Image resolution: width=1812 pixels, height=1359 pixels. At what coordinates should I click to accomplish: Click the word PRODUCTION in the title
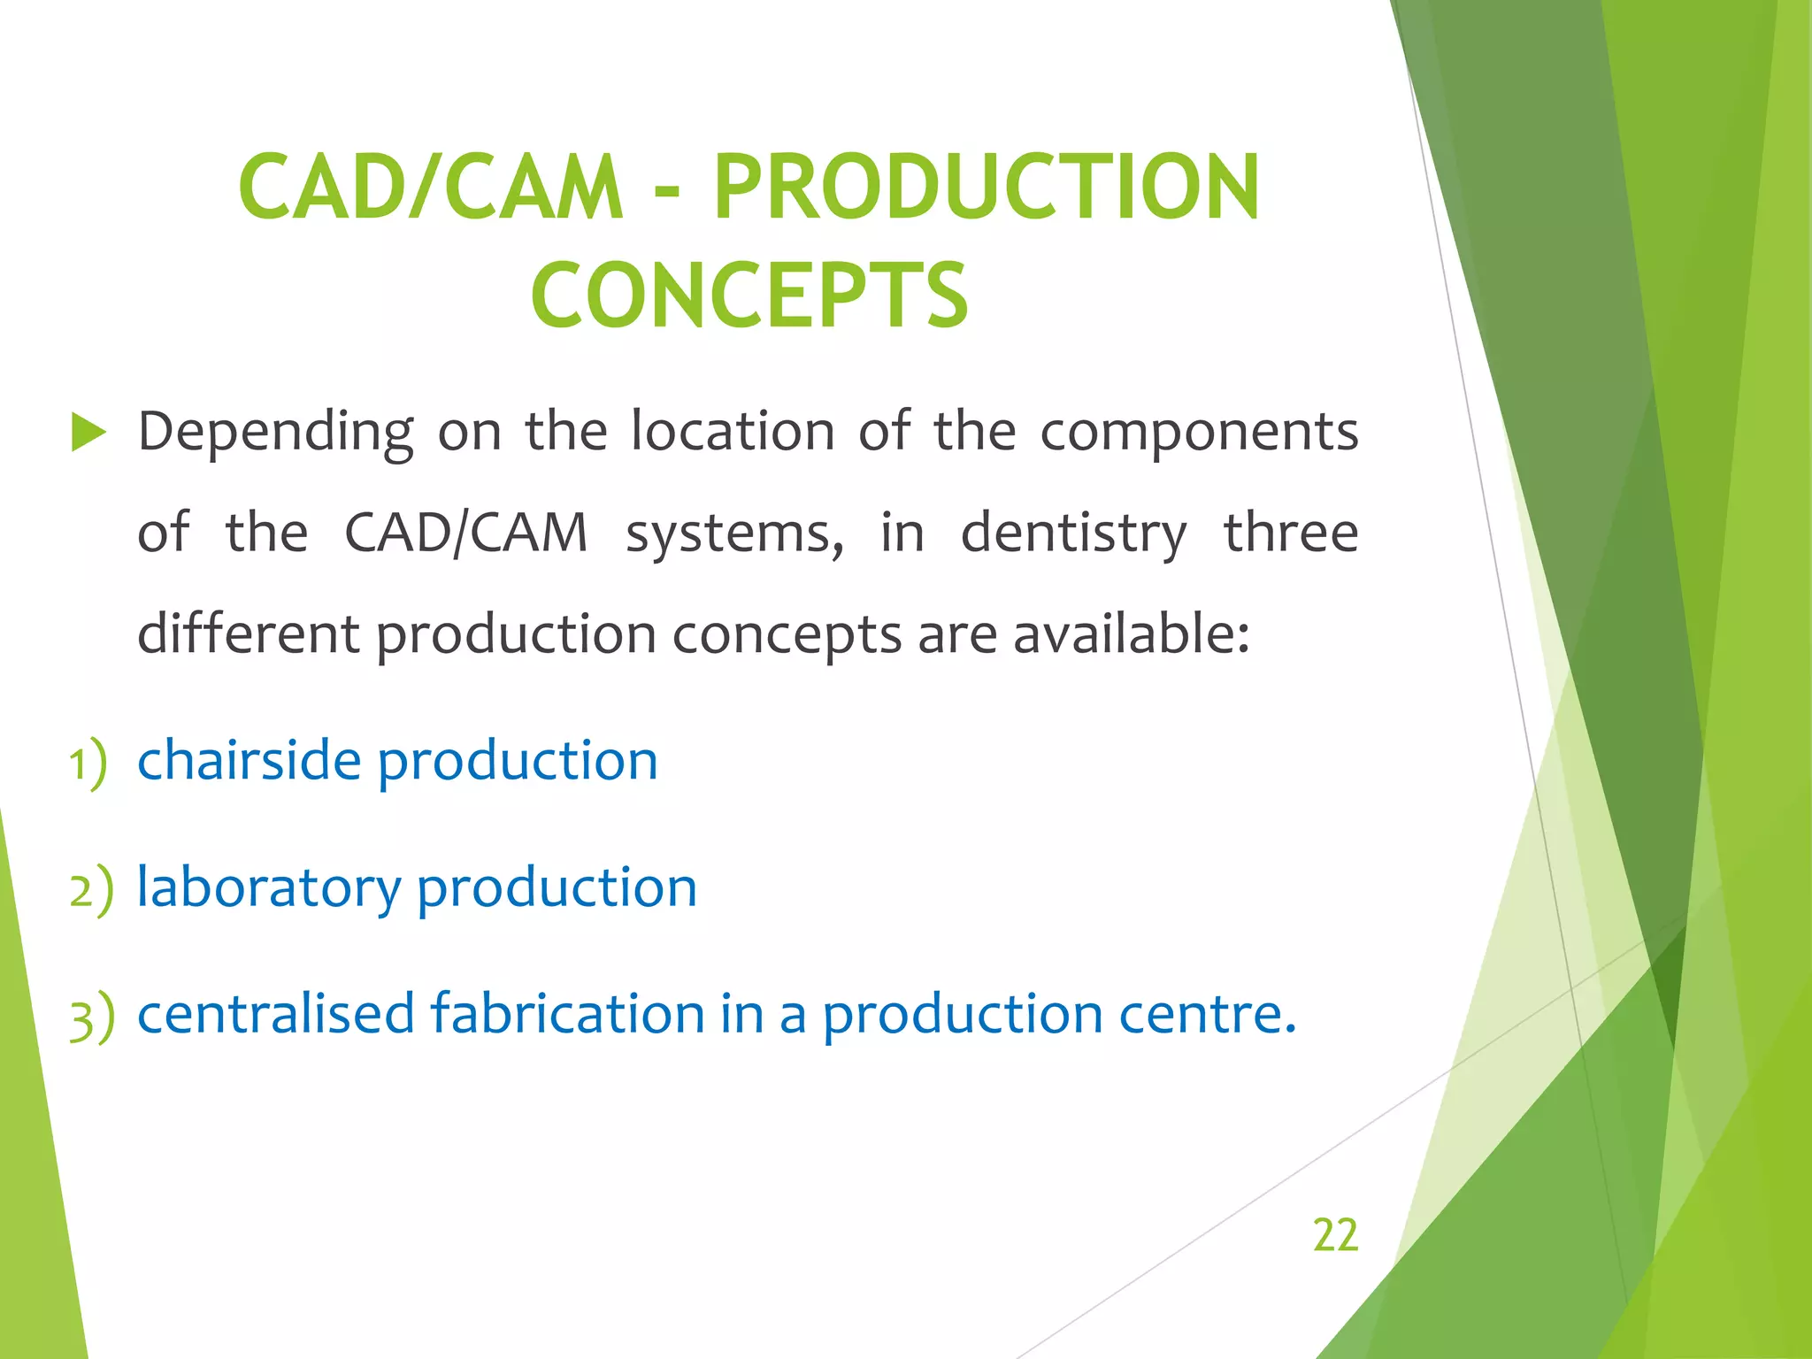(x=986, y=188)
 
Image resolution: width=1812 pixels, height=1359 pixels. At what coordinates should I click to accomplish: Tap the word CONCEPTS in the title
(x=749, y=296)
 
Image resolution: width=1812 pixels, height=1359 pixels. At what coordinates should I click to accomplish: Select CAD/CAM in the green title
(x=431, y=188)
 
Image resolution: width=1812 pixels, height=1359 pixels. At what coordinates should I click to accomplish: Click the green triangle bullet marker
(x=88, y=433)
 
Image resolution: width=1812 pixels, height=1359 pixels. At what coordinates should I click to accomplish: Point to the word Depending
(x=275, y=434)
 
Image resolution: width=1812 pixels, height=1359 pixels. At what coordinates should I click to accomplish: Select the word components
(x=1198, y=434)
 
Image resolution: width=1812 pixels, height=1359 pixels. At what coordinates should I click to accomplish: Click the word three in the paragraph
(x=1291, y=534)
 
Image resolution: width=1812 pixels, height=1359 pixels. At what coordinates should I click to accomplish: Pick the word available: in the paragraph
(x=1132, y=634)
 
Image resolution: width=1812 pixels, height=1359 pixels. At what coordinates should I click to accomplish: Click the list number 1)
(x=88, y=763)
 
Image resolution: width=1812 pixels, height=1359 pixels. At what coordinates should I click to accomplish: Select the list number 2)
(x=91, y=889)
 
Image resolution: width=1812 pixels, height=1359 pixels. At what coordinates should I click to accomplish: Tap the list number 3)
(x=91, y=1017)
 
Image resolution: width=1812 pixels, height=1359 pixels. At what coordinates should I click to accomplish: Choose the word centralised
(x=275, y=1013)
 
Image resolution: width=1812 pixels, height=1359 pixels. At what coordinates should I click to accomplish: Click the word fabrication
(x=567, y=1013)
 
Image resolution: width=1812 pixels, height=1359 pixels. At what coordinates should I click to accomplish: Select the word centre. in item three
(x=1208, y=1015)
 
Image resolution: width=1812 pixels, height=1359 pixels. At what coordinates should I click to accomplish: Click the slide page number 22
(x=1335, y=1234)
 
